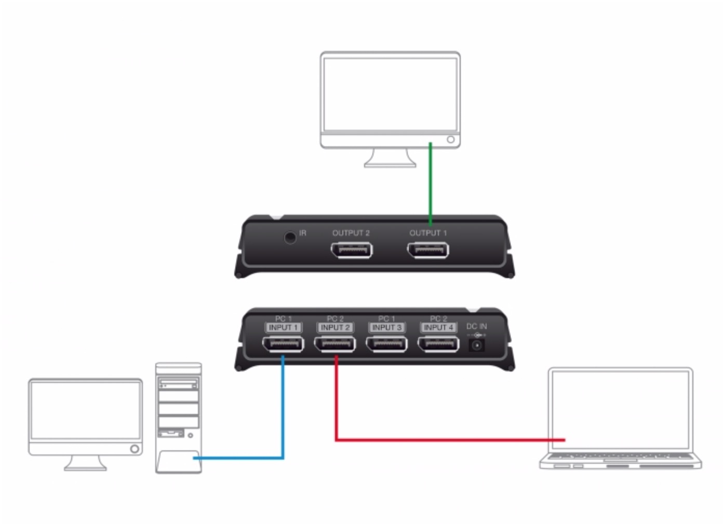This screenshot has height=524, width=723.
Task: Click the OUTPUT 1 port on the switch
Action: [428, 250]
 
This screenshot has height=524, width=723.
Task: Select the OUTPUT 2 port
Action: [352, 250]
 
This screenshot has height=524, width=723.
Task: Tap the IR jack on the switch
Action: [290, 238]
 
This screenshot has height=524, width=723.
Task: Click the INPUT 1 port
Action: [283, 343]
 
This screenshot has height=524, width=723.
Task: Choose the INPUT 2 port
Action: [335, 343]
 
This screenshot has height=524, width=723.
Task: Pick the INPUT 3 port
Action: [387, 343]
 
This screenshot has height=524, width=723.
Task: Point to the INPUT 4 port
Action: [439, 343]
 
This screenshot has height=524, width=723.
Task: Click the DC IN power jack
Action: [476, 345]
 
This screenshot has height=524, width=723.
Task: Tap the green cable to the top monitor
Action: [430, 182]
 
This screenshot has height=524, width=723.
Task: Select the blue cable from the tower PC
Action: [283, 415]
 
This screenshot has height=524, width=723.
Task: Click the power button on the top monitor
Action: [451, 140]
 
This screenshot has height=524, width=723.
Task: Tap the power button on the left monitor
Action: [135, 449]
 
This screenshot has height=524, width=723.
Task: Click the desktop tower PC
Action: [178, 418]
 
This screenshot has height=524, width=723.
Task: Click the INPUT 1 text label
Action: [283, 327]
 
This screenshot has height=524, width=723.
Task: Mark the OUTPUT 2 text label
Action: [351, 233]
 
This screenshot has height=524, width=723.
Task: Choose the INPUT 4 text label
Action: [439, 327]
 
